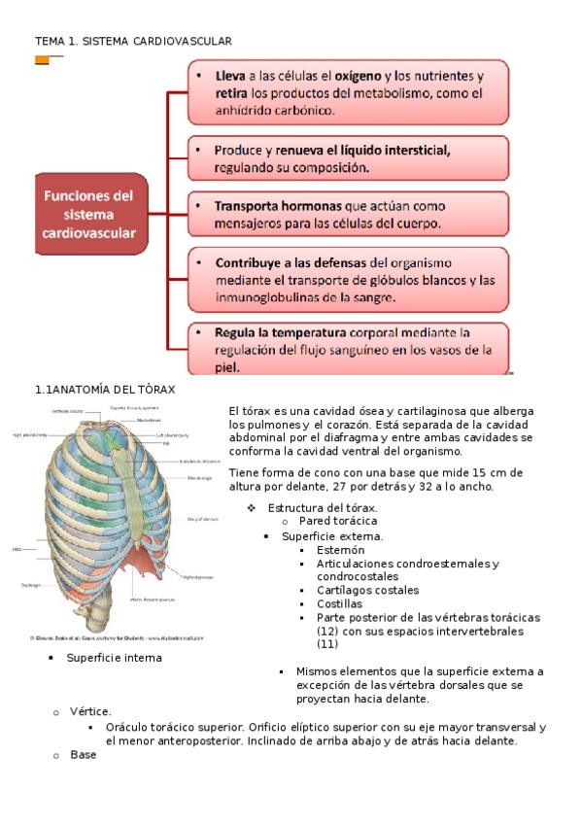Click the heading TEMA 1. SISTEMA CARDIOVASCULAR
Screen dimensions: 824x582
[133, 41]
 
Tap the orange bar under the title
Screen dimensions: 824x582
[43, 60]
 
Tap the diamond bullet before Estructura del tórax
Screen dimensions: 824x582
[252, 508]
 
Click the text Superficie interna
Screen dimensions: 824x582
[115, 658]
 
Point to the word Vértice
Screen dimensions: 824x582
[90, 712]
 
